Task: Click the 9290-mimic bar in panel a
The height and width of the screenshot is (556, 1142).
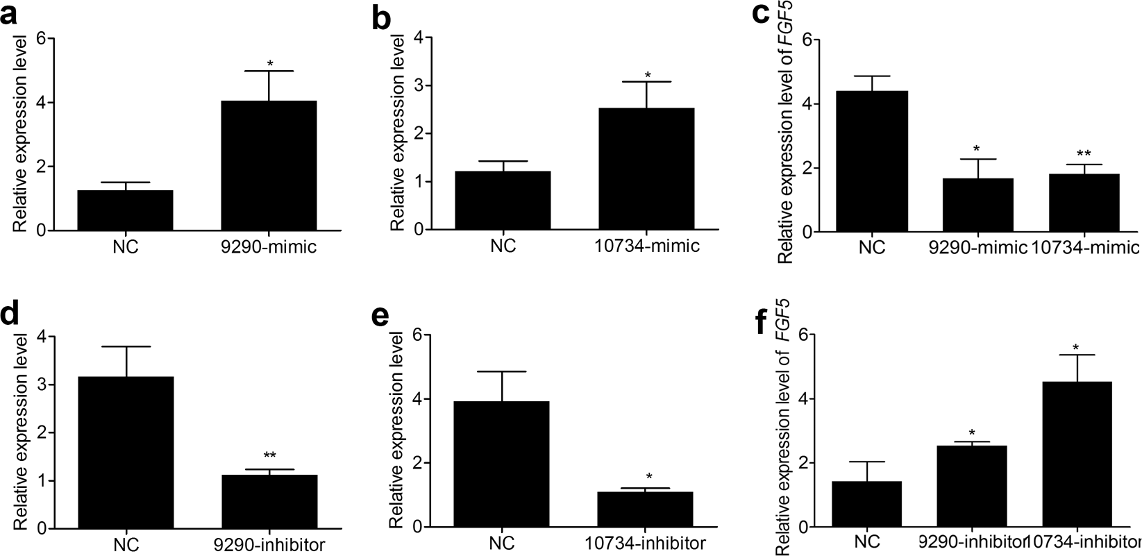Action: point(268,166)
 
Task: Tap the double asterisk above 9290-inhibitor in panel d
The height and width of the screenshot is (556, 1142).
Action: point(269,456)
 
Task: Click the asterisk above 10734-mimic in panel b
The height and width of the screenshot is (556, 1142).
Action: point(647,75)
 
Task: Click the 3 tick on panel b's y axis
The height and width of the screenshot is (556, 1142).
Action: point(418,86)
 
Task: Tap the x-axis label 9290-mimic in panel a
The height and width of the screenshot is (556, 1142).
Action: point(269,246)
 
